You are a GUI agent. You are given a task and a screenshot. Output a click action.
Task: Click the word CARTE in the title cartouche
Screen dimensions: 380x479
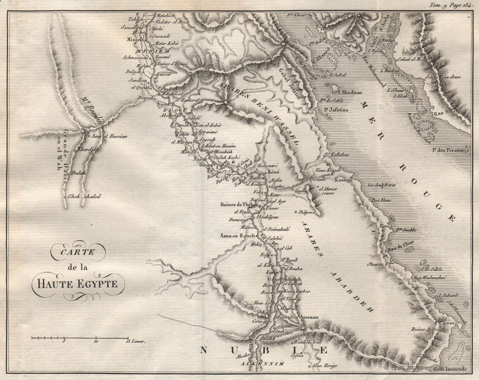click(72, 249)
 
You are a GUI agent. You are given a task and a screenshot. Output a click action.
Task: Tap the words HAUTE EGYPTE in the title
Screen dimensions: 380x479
click(78, 283)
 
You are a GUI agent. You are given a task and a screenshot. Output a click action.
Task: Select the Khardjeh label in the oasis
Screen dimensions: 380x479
click(88, 148)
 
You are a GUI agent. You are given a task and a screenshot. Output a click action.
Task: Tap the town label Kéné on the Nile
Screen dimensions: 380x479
click(273, 171)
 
